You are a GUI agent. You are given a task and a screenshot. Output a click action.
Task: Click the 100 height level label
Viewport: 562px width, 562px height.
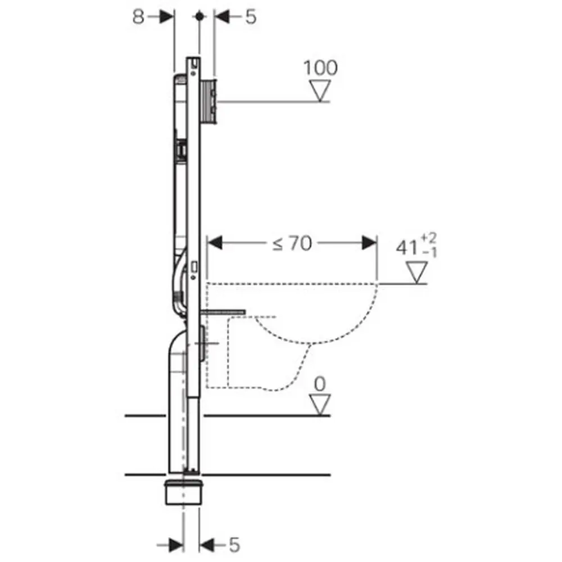pos(321,67)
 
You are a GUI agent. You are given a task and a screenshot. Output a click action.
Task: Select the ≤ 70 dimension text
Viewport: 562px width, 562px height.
pos(292,244)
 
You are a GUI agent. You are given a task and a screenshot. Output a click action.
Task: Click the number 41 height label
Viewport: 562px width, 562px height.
pos(407,247)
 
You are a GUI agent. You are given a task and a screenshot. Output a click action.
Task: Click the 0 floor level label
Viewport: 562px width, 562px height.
pos(320,385)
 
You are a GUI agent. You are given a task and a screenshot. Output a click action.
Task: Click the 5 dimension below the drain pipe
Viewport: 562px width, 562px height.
pos(234,545)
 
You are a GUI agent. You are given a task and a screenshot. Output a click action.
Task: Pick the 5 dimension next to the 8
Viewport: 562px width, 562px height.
pos(251,17)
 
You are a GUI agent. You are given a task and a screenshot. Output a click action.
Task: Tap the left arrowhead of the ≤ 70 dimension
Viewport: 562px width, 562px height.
pos(216,243)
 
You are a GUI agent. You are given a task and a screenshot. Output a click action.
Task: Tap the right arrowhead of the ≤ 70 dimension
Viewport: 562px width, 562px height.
pos(369,243)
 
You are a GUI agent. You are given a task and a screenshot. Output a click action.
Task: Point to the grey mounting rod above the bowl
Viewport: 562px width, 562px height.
pos(225,310)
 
